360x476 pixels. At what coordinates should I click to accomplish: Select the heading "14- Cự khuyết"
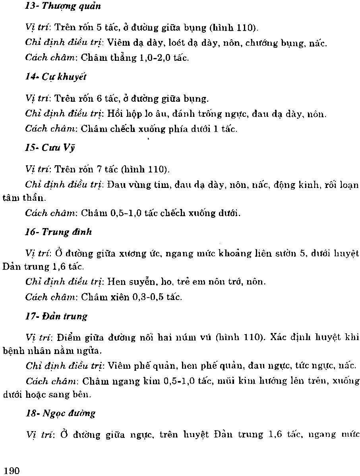[56, 77]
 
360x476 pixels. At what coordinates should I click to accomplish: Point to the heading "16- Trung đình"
[58, 232]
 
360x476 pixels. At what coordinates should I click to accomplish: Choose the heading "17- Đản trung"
[56, 316]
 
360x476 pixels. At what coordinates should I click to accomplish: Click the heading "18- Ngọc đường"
[60, 413]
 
